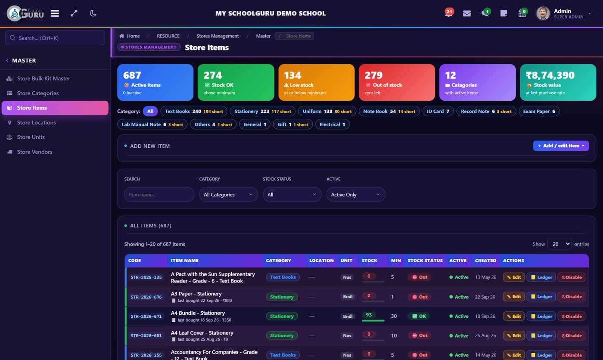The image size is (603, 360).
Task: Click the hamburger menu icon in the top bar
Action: click(55, 13)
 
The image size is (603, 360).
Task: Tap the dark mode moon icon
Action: click(93, 13)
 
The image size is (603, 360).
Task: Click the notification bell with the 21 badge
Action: click(449, 13)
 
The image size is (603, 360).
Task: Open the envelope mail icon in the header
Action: click(467, 13)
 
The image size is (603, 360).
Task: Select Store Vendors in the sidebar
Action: click(35, 152)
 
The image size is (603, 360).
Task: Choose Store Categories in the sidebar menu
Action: click(38, 93)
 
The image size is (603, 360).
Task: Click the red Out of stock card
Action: click(397, 82)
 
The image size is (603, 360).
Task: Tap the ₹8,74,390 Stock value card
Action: click(558, 82)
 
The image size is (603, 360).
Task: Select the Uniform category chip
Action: click(327, 112)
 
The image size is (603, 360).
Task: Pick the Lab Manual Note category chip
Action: click(152, 124)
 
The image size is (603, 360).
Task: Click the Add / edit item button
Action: click(561, 146)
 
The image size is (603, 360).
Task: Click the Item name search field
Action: click(159, 195)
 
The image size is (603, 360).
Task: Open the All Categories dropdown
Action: click(228, 195)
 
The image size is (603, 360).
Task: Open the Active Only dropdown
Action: click(356, 195)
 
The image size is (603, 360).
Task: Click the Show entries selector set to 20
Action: click(559, 244)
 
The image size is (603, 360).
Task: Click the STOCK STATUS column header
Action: click(425, 261)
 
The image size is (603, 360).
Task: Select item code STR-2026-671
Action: click(146, 317)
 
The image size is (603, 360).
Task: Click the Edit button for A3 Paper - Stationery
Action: click(514, 297)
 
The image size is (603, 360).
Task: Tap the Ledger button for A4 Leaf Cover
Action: click(541, 335)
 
